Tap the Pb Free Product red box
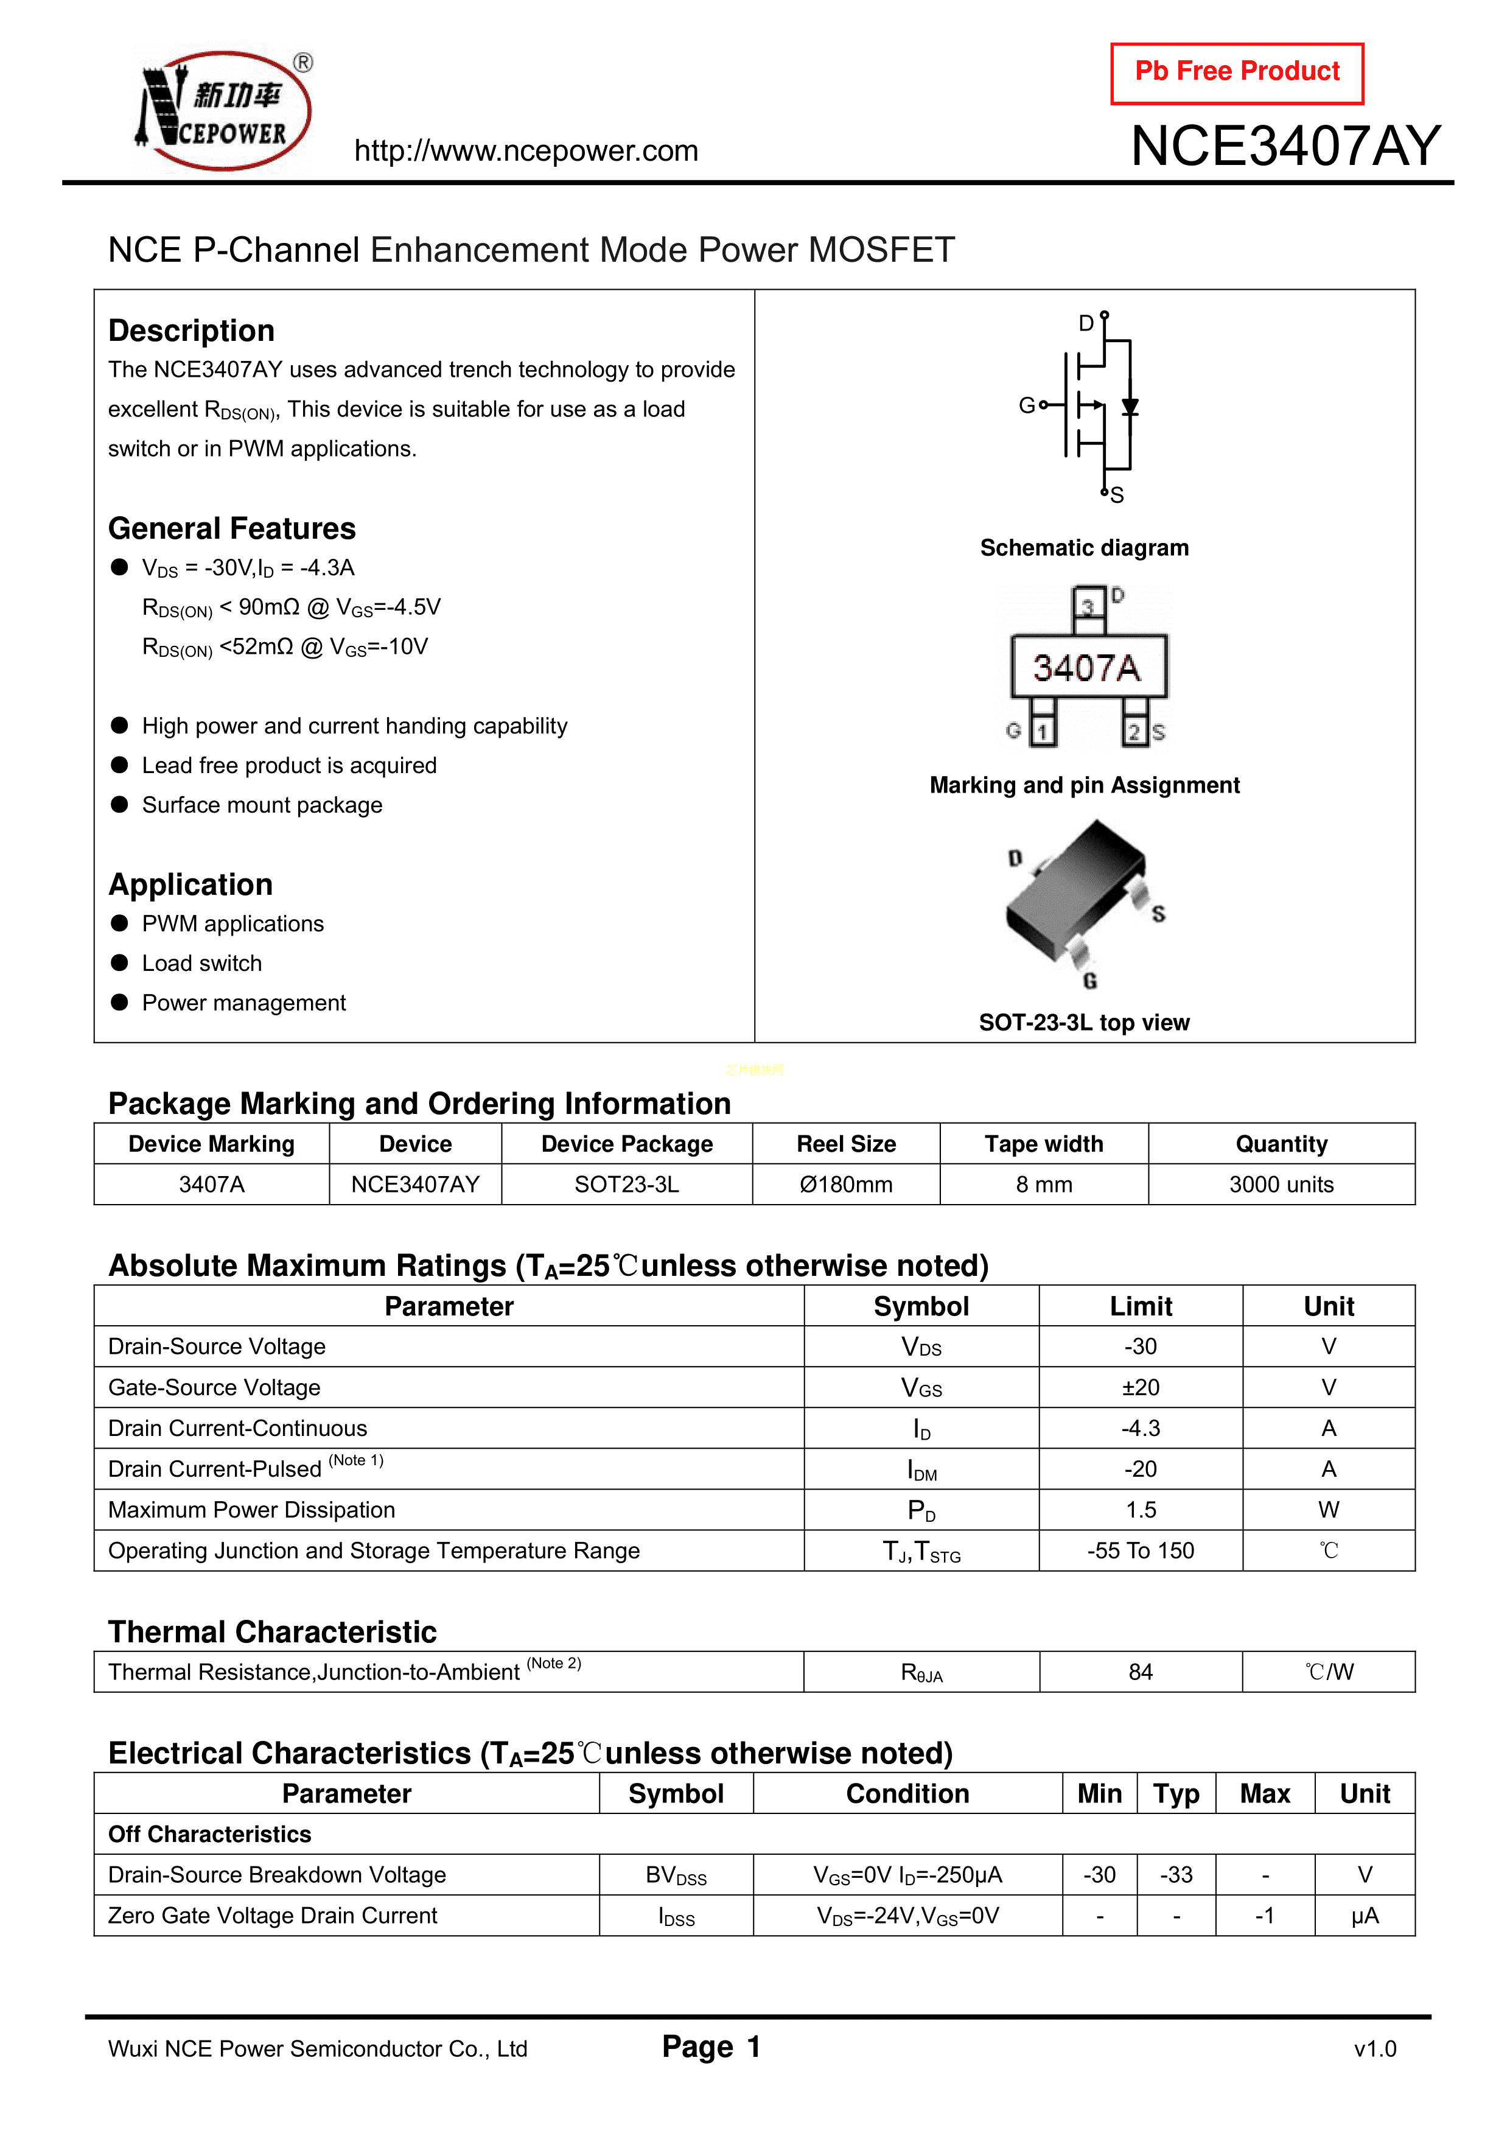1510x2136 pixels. click(1237, 72)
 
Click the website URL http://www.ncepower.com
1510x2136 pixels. click(526, 151)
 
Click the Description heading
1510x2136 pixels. click(192, 331)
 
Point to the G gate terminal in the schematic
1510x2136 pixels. click(1027, 405)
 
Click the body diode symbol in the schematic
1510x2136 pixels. click(1130, 407)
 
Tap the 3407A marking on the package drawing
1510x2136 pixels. click(1086, 667)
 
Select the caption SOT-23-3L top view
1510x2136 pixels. click(1084, 1023)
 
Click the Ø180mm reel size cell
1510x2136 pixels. click(846, 1185)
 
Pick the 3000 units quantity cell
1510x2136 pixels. click(1281, 1185)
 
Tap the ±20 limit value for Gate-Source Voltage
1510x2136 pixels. click(1141, 1387)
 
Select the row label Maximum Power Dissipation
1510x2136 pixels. click(251, 1510)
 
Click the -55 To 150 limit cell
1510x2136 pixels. click(1141, 1551)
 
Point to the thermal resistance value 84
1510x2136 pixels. click(1141, 1672)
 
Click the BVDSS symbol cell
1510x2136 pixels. click(676, 1875)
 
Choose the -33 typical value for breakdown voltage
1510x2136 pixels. click(1176, 1875)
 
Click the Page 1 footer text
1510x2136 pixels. click(711, 2047)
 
